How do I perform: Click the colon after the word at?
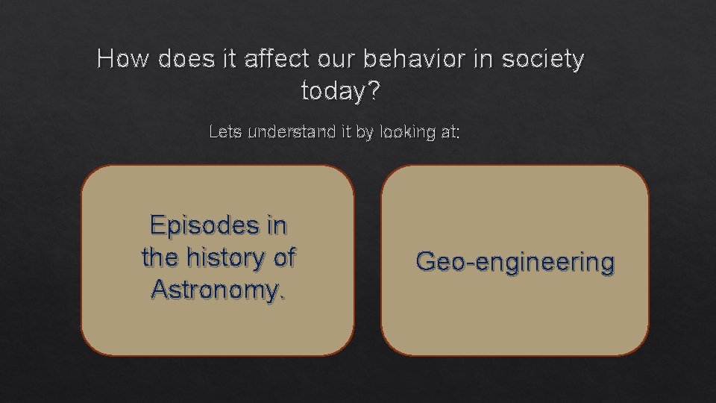pyautogui.click(x=458, y=134)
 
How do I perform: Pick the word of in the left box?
pyautogui.click(x=283, y=257)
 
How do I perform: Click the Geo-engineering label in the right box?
pyautogui.click(x=515, y=261)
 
